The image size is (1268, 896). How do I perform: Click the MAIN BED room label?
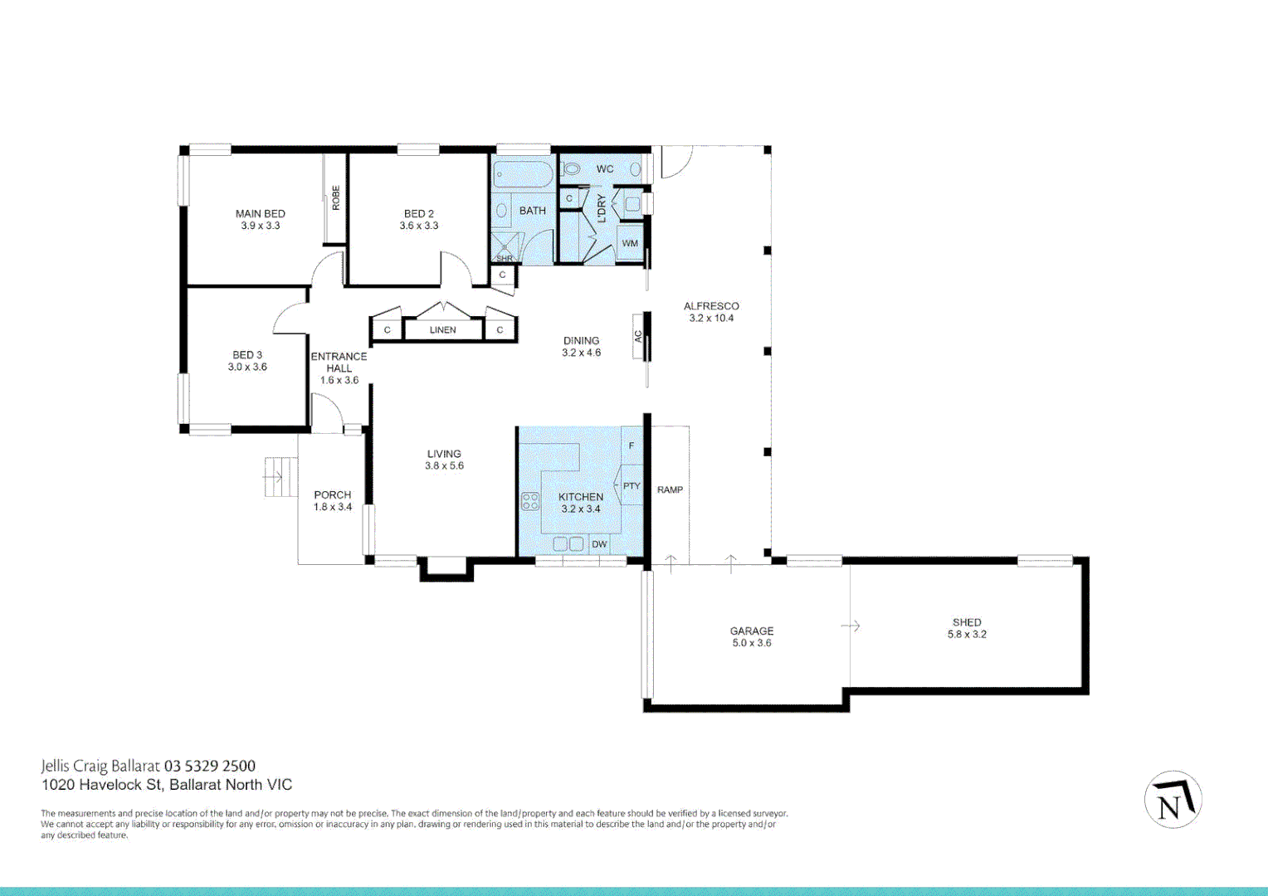pyautogui.click(x=260, y=213)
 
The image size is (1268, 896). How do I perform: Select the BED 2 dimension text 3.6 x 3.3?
pyautogui.click(x=418, y=226)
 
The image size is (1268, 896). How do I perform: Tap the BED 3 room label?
pyautogui.click(x=247, y=354)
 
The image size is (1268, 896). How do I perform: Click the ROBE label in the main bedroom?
pyautogui.click(x=335, y=197)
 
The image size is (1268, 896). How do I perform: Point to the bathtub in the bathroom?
pyautogui.click(x=523, y=174)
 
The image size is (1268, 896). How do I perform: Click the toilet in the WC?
pyautogui.click(x=572, y=169)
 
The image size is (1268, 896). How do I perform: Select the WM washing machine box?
pyautogui.click(x=630, y=243)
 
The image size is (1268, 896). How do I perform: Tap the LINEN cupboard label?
pyautogui.click(x=442, y=330)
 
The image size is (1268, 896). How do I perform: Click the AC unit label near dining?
pyautogui.click(x=638, y=337)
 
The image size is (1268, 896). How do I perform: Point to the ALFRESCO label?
pyautogui.click(x=711, y=306)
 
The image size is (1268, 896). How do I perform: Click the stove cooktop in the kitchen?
pyautogui.click(x=529, y=501)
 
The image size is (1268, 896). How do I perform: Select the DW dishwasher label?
pyautogui.click(x=599, y=544)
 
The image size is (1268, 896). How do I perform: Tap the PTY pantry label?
pyautogui.click(x=632, y=486)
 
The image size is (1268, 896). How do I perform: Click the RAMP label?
pyautogui.click(x=670, y=490)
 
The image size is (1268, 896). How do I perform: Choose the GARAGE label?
pyautogui.click(x=752, y=631)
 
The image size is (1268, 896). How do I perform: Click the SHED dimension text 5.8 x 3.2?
pyautogui.click(x=967, y=635)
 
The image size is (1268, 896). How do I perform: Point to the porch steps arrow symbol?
pyautogui.click(x=273, y=477)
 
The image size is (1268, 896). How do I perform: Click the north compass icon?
pyautogui.click(x=1173, y=801)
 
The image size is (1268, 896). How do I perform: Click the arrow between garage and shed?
pyautogui.click(x=851, y=626)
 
